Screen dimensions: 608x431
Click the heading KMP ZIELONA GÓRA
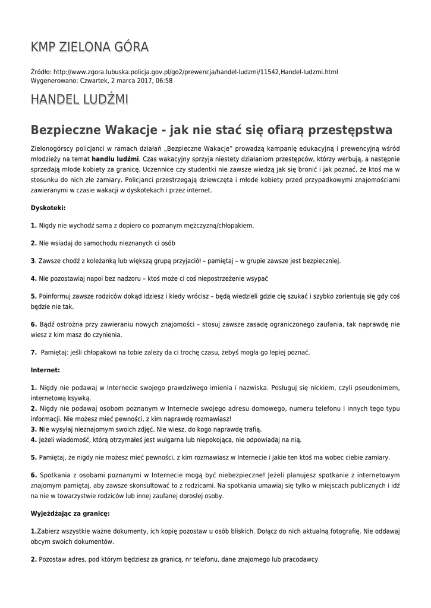[x=89, y=47]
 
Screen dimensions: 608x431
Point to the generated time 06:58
[x=164, y=81]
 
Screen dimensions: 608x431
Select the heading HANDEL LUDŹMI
[x=79, y=99]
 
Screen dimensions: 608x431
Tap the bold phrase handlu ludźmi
[x=115, y=159]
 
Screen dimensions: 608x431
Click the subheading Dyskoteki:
[x=48, y=208]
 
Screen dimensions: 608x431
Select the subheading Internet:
[x=45, y=369]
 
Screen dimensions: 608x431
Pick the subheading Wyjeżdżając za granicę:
[x=70, y=512]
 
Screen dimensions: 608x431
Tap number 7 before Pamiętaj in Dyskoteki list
[x=33, y=352]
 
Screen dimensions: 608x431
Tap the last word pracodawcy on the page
[x=297, y=559]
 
